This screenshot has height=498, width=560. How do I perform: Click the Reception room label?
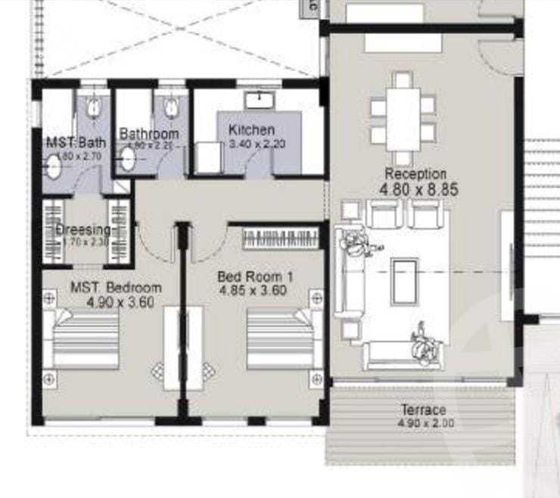click(415, 174)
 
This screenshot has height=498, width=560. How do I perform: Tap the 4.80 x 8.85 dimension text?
click(421, 191)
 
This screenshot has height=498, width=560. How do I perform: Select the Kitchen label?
click(251, 130)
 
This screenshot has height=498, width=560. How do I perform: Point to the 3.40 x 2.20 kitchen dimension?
click(257, 144)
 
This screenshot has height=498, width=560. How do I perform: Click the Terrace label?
click(424, 410)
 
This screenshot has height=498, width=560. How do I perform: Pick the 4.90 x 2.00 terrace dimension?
click(425, 424)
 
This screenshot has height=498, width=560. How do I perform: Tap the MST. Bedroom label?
click(116, 288)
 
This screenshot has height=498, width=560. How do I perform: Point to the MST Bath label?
click(76, 142)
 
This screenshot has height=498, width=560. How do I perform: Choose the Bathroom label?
click(148, 134)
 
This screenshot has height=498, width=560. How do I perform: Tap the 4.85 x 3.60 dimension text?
click(253, 290)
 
